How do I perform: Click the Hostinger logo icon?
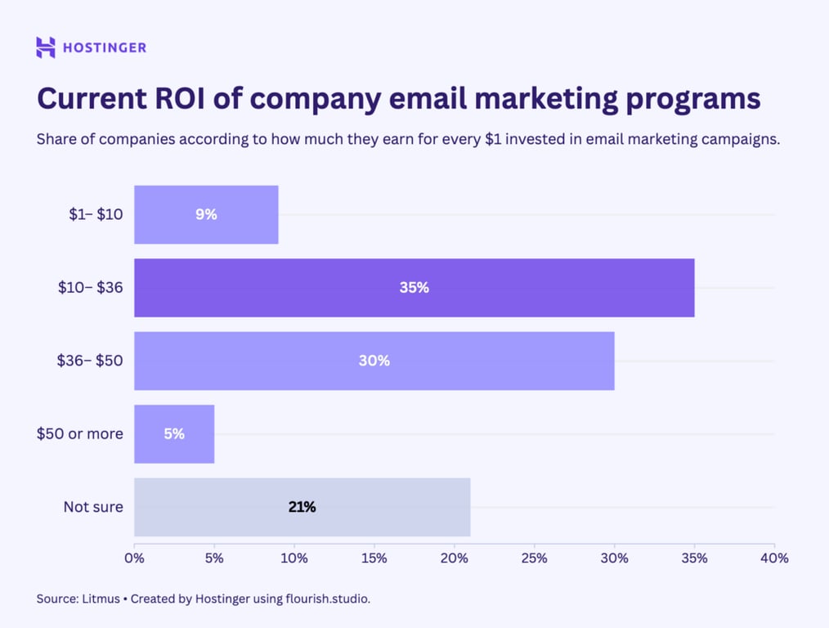tap(46, 47)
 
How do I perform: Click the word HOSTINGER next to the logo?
tap(105, 47)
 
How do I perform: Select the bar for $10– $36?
tap(414, 288)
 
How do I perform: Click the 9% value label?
tap(206, 214)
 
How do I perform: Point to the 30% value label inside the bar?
tap(374, 361)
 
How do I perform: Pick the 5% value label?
tap(174, 433)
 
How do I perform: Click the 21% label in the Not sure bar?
tap(302, 507)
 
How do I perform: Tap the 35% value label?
tap(414, 288)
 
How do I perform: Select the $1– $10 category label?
tap(96, 214)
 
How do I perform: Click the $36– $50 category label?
tap(90, 361)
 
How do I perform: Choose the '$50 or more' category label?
tap(79, 433)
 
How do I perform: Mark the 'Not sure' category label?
tap(93, 507)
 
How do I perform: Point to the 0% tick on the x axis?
tap(134, 558)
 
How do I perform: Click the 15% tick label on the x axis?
tap(374, 558)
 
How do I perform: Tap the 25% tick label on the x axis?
tap(534, 558)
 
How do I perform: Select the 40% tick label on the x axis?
tap(773, 558)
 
